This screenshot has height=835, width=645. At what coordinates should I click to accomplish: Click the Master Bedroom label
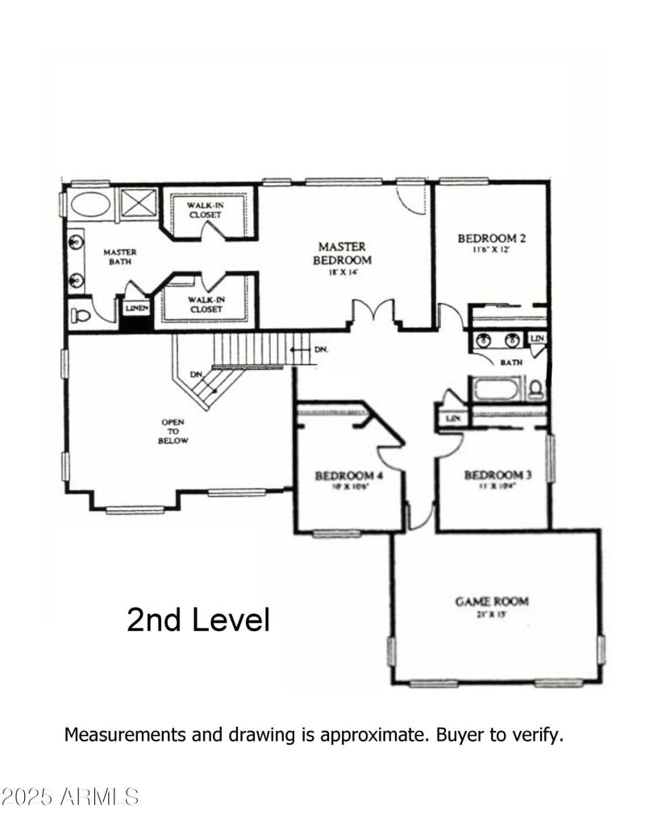pos(342,254)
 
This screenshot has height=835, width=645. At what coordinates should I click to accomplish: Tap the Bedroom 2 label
pos(492,239)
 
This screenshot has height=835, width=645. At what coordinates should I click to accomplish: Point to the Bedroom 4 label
pos(348,476)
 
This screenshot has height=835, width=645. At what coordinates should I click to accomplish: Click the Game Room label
pos(492,601)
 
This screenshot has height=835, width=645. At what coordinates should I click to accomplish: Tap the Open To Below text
pos(173,431)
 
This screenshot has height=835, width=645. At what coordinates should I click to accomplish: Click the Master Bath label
pos(120,256)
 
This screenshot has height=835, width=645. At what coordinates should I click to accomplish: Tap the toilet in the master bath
pos(81,314)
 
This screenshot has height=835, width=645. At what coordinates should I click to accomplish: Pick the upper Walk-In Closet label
pos(206,211)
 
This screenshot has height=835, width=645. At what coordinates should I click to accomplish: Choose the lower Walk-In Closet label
pos(206,304)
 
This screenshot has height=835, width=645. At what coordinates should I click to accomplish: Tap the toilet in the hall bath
pos(535,391)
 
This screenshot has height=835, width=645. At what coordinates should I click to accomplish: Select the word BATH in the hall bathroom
pos(511,363)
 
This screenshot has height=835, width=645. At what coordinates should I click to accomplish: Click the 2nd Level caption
pos(198,620)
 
